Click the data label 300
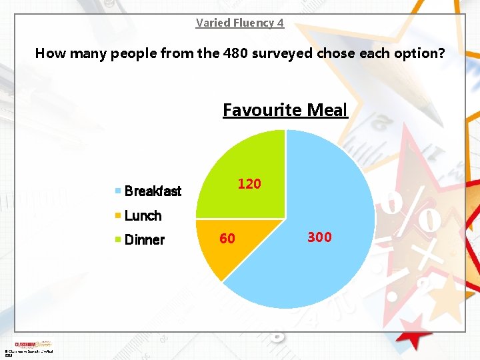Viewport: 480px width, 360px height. click(x=319, y=237)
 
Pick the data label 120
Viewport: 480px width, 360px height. click(x=249, y=184)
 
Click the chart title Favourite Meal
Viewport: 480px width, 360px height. click(x=285, y=110)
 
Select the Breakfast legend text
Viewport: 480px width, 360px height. click(x=153, y=191)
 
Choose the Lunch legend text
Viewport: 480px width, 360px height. click(x=143, y=215)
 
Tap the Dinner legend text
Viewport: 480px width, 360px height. click(x=144, y=240)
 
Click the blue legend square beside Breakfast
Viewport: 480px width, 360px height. click(x=118, y=191)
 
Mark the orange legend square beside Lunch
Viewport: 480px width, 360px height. click(x=118, y=215)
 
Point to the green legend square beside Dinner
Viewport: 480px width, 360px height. click(x=118, y=239)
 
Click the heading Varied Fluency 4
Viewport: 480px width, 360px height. click(x=240, y=23)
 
